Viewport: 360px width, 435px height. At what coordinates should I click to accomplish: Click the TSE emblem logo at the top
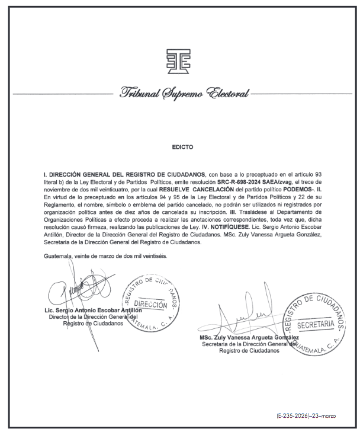(x=179, y=62)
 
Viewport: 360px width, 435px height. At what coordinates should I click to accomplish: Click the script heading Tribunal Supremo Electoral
(x=184, y=94)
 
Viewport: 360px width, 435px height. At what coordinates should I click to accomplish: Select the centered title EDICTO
(x=181, y=146)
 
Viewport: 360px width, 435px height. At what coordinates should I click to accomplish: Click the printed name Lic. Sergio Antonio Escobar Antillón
(x=94, y=311)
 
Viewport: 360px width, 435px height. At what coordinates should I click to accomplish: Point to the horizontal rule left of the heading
(x=62, y=94)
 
